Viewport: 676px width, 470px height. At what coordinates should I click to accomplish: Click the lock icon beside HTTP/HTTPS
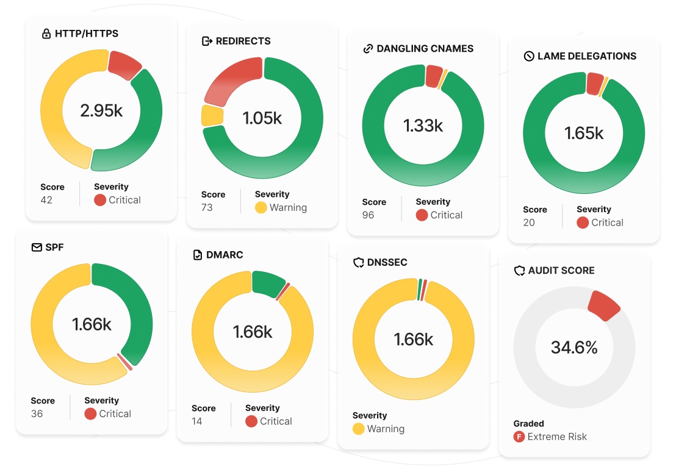[x=46, y=34]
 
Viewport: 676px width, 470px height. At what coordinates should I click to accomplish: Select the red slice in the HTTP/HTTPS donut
[x=124, y=63]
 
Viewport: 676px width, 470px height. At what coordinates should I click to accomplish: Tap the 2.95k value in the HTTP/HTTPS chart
[x=101, y=111]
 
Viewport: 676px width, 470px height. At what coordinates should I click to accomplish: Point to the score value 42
[x=46, y=200]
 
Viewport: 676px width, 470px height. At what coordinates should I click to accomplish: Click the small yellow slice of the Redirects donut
[x=212, y=115]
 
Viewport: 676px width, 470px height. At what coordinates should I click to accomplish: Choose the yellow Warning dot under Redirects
[x=261, y=207]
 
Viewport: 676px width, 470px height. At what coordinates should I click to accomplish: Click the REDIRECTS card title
[x=243, y=41]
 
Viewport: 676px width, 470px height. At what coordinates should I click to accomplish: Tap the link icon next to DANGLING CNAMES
[x=368, y=49]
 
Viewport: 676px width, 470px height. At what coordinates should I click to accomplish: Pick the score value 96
[x=368, y=215]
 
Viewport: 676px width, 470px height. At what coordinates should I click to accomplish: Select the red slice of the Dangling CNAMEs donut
[x=433, y=76]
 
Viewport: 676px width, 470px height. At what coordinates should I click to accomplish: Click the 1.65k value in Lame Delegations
[x=584, y=133]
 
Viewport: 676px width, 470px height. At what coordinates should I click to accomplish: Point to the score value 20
[x=529, y=223]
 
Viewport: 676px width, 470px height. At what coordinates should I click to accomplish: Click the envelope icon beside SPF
[x=36, y=248]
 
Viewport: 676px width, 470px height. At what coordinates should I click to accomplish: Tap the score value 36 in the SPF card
[x=37, y=413]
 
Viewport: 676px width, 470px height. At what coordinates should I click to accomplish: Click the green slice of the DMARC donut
[x=267, y=283]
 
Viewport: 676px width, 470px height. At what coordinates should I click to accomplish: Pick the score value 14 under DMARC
[x=197, y=421]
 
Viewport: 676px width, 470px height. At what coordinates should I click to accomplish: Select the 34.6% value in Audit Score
[x=574, y=347]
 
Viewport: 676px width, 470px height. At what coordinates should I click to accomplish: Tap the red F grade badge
[x=519, y=436]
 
